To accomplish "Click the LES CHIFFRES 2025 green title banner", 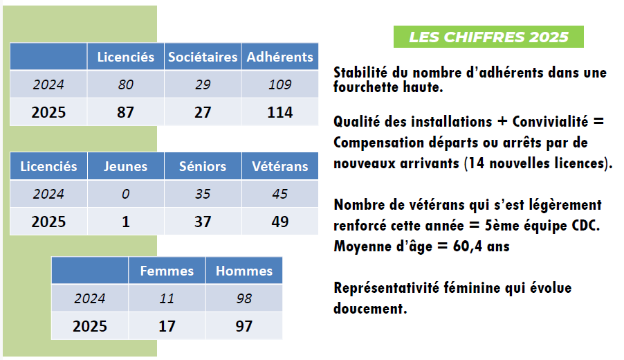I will point(488,37).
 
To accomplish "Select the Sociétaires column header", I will point(203,57).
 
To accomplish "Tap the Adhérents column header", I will point(280,57).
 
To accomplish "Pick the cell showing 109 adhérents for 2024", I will point(280,84).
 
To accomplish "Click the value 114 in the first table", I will point(280,112).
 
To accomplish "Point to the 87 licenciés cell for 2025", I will point(125,112).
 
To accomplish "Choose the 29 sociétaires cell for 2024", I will point(203,84).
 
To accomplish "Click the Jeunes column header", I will point(125,166).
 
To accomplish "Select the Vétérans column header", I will point(280,166).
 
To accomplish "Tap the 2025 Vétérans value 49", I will point(280,222).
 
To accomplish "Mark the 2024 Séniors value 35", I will point(203,194).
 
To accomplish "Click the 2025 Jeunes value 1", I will point(125,222).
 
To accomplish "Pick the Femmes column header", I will point(167,271).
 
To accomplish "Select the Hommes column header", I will point(244,271).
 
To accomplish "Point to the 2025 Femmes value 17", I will point(167,325).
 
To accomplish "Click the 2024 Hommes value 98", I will point(244,298).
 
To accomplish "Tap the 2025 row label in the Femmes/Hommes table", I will point(90,325).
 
